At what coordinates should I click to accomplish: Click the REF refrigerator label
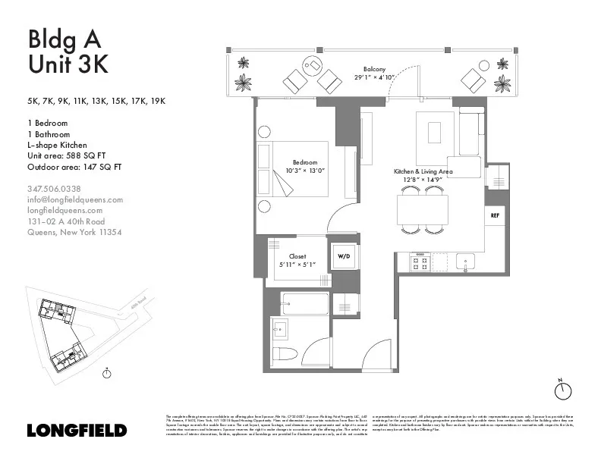coord(495,215)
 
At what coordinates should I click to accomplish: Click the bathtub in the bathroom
coord(304,303)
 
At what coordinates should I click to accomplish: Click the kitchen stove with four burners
coord(420,263)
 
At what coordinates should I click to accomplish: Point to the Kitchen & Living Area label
coord(423,172)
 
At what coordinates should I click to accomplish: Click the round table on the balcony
coord(312,65)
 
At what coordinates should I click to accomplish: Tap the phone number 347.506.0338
coord(54,189)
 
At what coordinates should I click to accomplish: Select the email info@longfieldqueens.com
coord(74,199)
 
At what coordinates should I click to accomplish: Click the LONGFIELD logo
coord(77,430)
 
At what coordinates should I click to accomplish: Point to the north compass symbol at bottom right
coord(562,390)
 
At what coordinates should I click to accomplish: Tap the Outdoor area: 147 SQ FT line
coord(74,166)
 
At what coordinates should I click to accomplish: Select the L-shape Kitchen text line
coord(57,145)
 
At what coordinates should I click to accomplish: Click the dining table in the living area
coord(423,209)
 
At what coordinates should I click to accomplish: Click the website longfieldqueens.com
coord(65,210)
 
